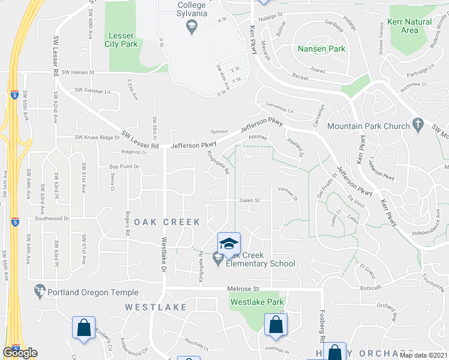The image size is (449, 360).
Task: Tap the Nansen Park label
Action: click(321, 49)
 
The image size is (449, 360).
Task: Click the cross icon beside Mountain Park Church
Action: click(420, 126)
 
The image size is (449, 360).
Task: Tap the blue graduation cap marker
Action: click(228, 244)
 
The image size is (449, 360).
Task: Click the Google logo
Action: click(20, 353)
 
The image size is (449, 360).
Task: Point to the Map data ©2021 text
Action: click(423, 355)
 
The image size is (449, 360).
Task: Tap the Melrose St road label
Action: click(243, 289)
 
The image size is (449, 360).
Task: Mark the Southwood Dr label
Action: click(50, 218)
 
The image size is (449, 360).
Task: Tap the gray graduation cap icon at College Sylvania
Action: click(191, 24)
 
